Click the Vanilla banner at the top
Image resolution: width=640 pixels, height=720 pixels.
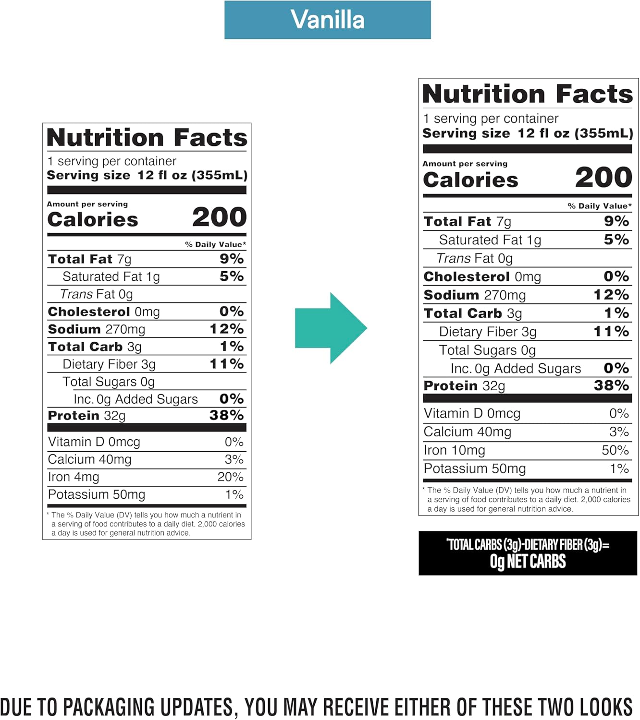click(327, 20)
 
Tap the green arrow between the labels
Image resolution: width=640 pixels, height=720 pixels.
click(331, 328)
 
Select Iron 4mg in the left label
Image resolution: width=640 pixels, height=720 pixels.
click(74, 477)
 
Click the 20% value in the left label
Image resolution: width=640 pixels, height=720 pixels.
click(230, 477)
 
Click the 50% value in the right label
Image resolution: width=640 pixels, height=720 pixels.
click(615, 450)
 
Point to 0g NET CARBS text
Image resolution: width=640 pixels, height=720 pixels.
click(528, 561)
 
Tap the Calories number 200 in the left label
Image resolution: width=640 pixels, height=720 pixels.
click(219, 217)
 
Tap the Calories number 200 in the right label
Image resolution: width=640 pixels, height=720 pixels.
click(603, 178)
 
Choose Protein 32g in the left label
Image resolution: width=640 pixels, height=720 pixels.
click(86, 416)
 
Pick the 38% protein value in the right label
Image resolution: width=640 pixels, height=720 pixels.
click(611, 385)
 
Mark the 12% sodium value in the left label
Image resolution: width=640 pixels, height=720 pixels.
click(226, 329)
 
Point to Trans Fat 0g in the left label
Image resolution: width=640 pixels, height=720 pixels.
click(96, 294)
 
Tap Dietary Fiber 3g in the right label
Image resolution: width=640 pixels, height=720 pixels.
click(487, 332)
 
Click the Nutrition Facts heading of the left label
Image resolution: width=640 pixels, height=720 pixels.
click(147, 138)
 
